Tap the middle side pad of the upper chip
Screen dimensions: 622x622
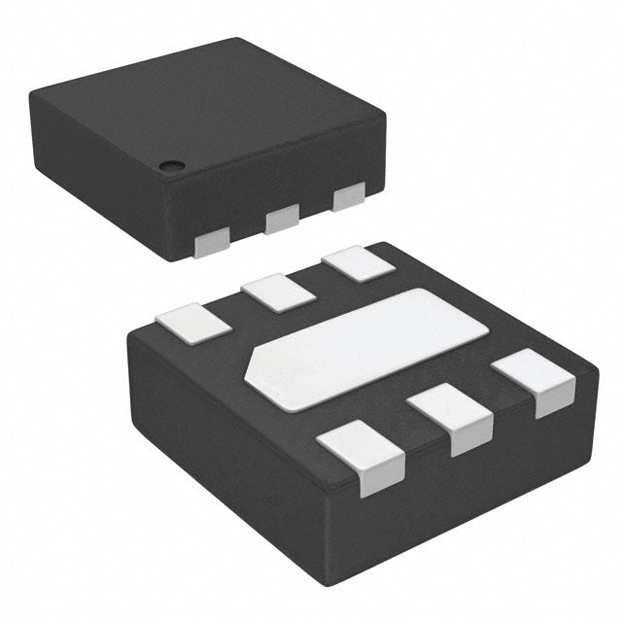pos(282,218)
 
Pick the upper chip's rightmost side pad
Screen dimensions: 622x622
pos(348,196)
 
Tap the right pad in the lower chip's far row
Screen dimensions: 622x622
pos(359,264)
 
